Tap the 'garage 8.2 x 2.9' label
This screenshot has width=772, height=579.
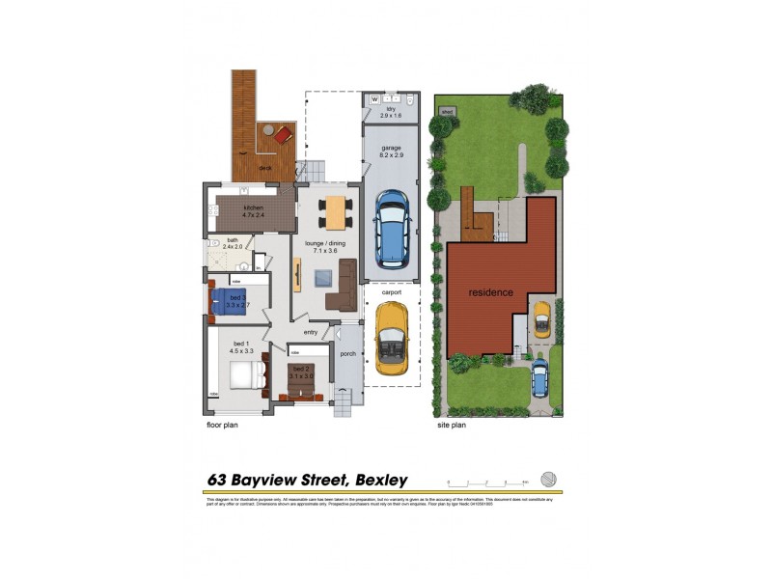[x=391, y=151]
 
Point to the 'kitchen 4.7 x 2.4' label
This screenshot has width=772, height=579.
[x=253, y=211]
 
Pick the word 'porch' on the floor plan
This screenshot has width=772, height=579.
[x=348, y=354]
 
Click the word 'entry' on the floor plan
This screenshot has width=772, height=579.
[x=311, y=333]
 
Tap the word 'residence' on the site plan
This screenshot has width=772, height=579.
[x=490, y=292]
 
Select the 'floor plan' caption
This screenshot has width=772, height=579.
[x=221, y=424]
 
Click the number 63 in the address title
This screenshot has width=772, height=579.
[x=220, y=480]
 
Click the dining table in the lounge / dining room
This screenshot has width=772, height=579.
[x=334, y=212]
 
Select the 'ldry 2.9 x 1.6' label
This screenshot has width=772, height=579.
[x=391, y=113]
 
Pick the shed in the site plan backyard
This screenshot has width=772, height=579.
[x=446, y=111]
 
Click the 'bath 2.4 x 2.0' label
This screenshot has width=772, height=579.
[x=232, y=243]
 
